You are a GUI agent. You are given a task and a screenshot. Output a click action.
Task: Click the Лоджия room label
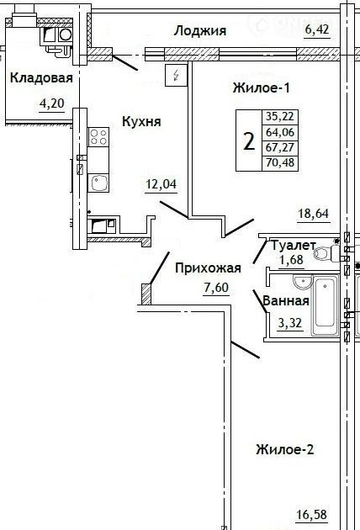pos(200,31)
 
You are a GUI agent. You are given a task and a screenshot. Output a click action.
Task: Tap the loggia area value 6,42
pos(317,29)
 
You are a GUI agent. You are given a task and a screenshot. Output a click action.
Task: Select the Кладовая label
pos(41,77)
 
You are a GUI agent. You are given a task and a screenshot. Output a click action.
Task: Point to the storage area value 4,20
pos(51,103)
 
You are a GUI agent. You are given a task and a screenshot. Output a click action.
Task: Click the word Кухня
pos(141,121)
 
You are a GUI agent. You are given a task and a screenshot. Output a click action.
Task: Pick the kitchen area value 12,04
pos(161,184)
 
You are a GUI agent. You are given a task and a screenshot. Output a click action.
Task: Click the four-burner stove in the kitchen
pos(98,137)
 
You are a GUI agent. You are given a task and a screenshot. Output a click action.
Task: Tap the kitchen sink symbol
pos(98,183)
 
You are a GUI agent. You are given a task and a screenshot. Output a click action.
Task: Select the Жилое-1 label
pos(262,87)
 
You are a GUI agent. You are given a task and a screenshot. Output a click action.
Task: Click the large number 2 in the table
pos(249,141)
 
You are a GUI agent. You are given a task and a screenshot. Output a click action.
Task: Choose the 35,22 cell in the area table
pos(280,117)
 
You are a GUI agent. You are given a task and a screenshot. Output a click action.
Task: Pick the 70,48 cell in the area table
pos(280,163)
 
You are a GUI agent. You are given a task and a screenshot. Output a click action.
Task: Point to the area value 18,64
pos(314,214)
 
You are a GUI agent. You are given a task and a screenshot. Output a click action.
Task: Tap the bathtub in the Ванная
pos(326,305)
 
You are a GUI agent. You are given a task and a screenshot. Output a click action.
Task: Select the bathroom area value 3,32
pos(289,323)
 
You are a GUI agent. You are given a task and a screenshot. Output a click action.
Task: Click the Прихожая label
pos(209,268)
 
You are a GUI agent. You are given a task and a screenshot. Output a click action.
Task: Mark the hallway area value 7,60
pos(216,288)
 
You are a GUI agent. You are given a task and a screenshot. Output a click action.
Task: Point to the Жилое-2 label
pos(285,449)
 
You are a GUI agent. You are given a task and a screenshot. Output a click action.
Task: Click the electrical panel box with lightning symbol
pos(176,75)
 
